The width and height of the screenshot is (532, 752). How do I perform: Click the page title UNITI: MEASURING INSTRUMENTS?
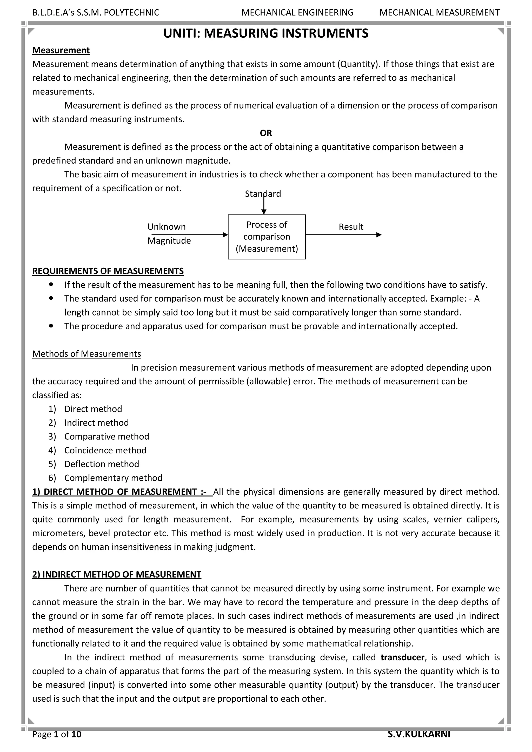pos(266,34)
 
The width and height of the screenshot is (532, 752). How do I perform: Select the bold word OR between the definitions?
pos(266,133)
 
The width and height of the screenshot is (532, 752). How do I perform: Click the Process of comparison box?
pos(267,237)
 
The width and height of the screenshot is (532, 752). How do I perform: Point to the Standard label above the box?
pos(263,194)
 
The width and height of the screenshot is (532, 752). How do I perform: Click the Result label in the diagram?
pos(351,227)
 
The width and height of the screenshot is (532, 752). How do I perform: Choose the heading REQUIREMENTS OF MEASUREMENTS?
pos(108,271)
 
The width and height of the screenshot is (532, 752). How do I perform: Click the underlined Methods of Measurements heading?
pos(87,354)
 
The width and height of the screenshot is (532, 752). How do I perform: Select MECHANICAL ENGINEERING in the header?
pos(297,13)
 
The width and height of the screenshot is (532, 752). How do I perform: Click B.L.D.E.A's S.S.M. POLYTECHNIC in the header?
pos(96,13)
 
